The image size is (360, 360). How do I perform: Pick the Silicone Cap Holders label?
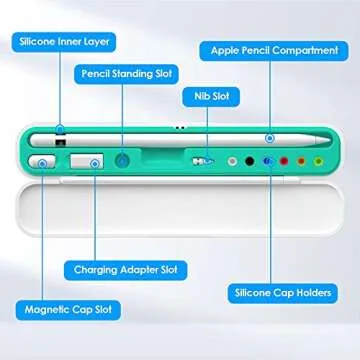coord(283,293)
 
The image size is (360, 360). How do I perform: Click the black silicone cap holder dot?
coord(248,160)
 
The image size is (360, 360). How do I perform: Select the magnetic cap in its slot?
coord(42,160)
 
